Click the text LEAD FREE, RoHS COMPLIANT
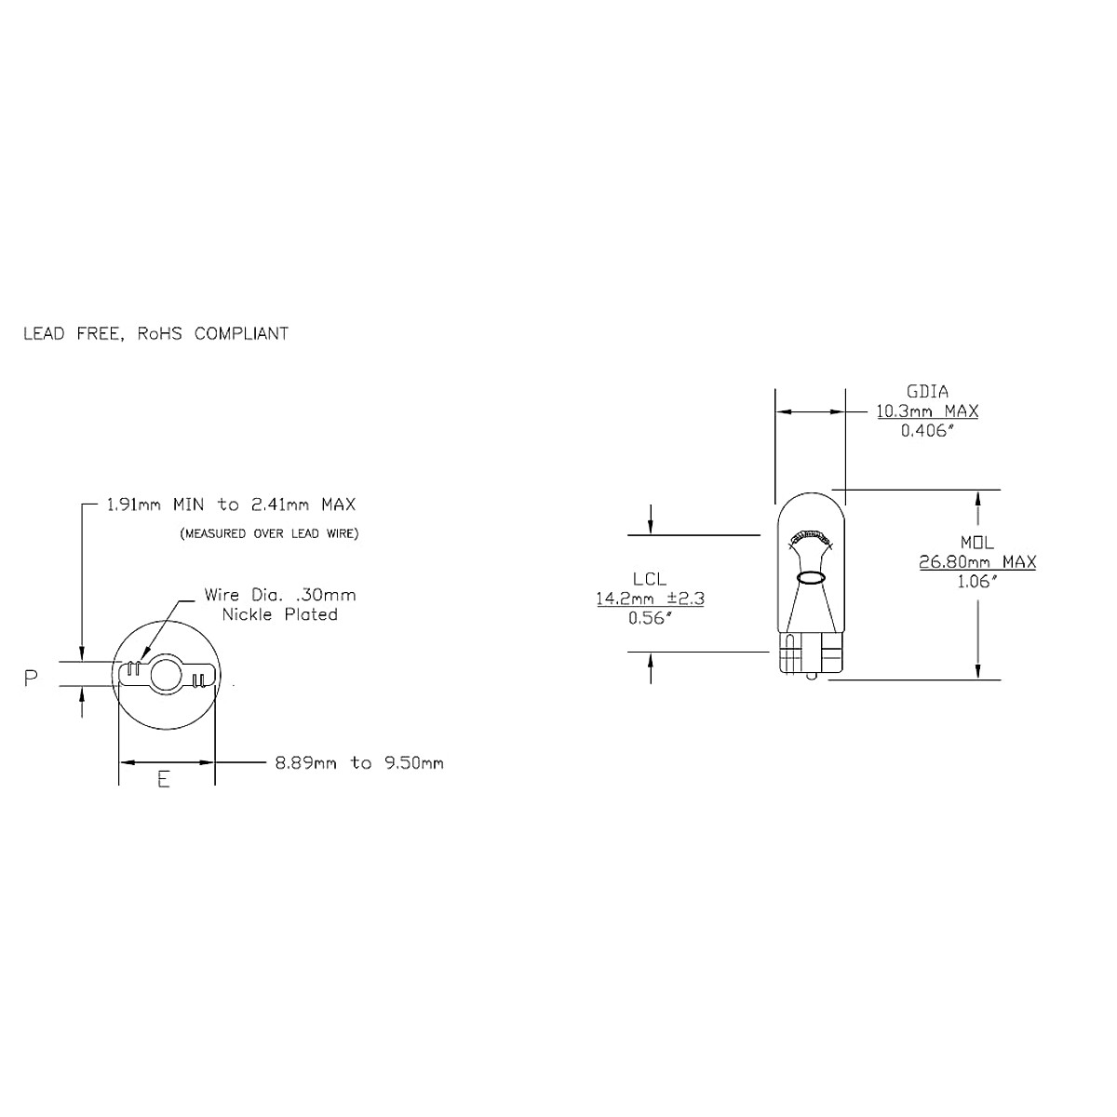155,333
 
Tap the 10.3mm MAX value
927,410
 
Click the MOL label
977,542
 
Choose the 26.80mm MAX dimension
977,561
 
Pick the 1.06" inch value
977,582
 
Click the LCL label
650,578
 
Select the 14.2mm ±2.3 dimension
650,599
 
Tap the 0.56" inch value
650,619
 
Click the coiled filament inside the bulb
810,537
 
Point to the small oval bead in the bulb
810,578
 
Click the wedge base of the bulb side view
810,655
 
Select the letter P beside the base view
31,679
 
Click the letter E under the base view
164,780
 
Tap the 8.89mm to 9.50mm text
359,763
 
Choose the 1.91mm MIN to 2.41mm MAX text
231,505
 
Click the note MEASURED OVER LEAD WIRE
269,534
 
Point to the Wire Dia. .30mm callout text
279,595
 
